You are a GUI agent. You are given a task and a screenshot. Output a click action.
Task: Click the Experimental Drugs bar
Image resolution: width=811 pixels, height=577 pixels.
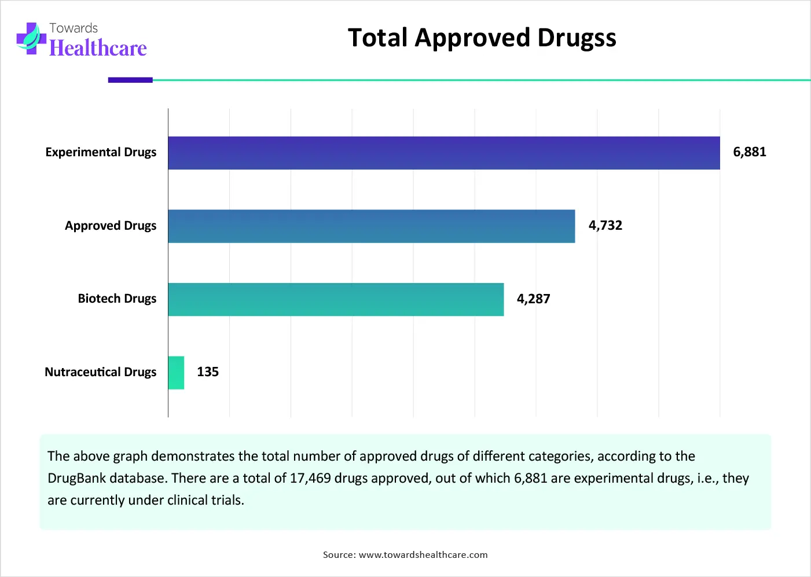click(x=444, y=153)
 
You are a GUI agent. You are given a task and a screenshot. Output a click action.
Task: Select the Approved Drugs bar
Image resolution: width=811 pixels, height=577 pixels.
click(x=372, y=226)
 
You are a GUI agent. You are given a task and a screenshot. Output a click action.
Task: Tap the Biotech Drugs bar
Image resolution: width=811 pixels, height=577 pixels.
click(x=336, y=299)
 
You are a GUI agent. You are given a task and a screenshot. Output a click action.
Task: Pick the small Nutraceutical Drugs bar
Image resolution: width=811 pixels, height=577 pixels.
click(x=176, y=373)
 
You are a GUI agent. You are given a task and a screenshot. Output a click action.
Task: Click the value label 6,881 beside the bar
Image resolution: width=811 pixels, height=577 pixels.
click(x=749, y=152)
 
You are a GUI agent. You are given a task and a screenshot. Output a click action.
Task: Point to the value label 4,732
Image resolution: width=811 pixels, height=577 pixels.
click(x=605, y=226)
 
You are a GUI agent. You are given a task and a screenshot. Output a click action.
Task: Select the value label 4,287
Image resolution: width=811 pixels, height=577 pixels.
click(x=533, y=299)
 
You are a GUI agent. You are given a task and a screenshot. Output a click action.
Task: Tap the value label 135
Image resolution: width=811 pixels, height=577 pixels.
click(x=208, y=372)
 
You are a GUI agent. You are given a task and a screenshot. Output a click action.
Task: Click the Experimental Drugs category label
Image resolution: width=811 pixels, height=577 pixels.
click(x=101, y=152)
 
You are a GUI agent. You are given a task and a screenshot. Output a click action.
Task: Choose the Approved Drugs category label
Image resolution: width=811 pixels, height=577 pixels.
click(x=111, y=226)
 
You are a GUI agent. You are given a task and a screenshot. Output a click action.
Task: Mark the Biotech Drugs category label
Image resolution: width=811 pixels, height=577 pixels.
click(x=117, y=299)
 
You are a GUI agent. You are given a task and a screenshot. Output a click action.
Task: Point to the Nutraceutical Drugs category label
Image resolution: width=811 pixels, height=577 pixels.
click(x=100, y=372)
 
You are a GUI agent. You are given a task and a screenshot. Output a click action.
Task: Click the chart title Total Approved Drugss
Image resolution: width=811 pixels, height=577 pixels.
click(x=482, y=38)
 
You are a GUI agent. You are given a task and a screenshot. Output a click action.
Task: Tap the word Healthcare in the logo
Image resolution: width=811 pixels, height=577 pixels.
click(x=98, y=48)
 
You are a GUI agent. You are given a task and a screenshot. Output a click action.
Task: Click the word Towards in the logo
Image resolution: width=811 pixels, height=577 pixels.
click(x=74, y=28)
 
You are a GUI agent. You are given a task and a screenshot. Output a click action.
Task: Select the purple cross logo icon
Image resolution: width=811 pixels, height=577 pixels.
click(x=31, y=39)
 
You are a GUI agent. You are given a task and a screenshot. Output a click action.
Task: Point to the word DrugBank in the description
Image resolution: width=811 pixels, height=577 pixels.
click(x=77, y=479)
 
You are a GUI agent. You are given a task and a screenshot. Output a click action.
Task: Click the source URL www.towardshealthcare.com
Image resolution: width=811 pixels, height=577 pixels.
click(x=423, y=555)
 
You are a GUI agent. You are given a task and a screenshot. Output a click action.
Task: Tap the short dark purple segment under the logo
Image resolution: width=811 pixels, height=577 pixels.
click(x=130, y=80)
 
